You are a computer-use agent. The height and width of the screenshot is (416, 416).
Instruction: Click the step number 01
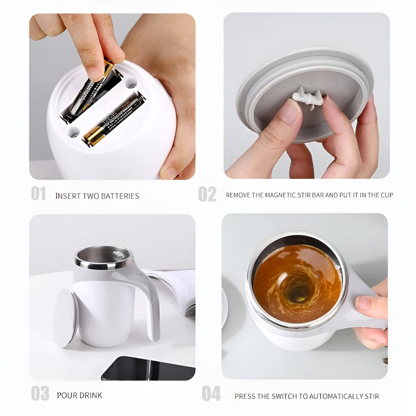coord(38,193)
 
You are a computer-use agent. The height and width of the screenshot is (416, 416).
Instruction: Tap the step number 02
coord(206,194)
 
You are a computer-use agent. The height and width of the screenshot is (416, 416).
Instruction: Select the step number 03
coord(40,393)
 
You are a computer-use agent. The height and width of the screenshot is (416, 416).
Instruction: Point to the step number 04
coord(211,394)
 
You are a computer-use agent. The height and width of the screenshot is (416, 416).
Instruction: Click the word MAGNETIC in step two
coord(284,195)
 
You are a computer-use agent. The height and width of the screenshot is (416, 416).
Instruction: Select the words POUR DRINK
coord(79,395)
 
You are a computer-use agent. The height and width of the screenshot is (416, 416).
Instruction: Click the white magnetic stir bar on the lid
coord(307,96)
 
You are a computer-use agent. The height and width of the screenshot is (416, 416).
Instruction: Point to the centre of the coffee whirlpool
coord(296,289)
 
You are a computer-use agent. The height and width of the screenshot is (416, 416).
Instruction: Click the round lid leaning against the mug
coord(65,317)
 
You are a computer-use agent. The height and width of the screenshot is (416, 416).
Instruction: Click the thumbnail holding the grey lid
coord(289,111)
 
